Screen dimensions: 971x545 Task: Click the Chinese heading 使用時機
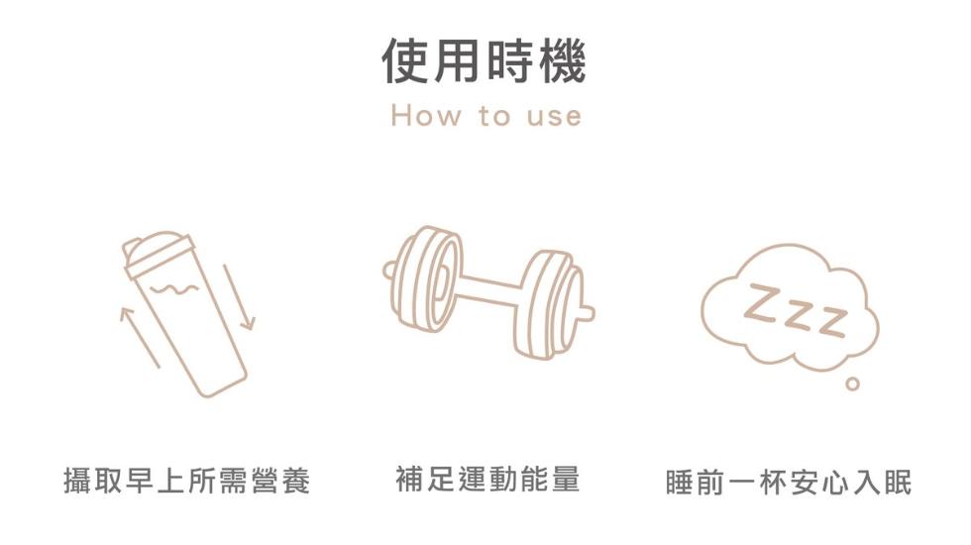coord(484,61)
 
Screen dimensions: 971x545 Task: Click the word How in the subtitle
coord(426,116)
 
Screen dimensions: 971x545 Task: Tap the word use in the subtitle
coord(554,117)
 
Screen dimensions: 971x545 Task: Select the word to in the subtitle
coord(494,116)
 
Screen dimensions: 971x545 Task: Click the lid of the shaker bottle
coord(158,251)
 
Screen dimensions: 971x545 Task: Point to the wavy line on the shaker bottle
coord(174,289)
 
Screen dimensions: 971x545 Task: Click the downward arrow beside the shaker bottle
coord(239,297)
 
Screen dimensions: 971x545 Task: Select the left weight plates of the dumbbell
coord(427,278)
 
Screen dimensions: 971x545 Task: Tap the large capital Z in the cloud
coord(764,303)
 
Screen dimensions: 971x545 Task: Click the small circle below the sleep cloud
coord(853,384)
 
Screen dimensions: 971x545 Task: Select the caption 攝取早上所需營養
coord(186,481)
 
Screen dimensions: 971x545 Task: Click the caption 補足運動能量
coord(487,479)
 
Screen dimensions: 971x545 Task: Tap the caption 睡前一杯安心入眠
coord(789,483)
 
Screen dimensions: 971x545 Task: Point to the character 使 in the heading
coord(405,61)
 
